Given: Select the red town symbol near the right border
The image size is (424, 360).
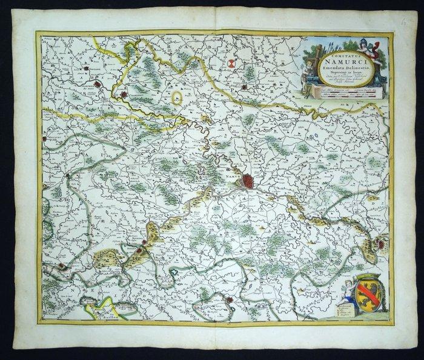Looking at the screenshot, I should click(380, 244).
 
